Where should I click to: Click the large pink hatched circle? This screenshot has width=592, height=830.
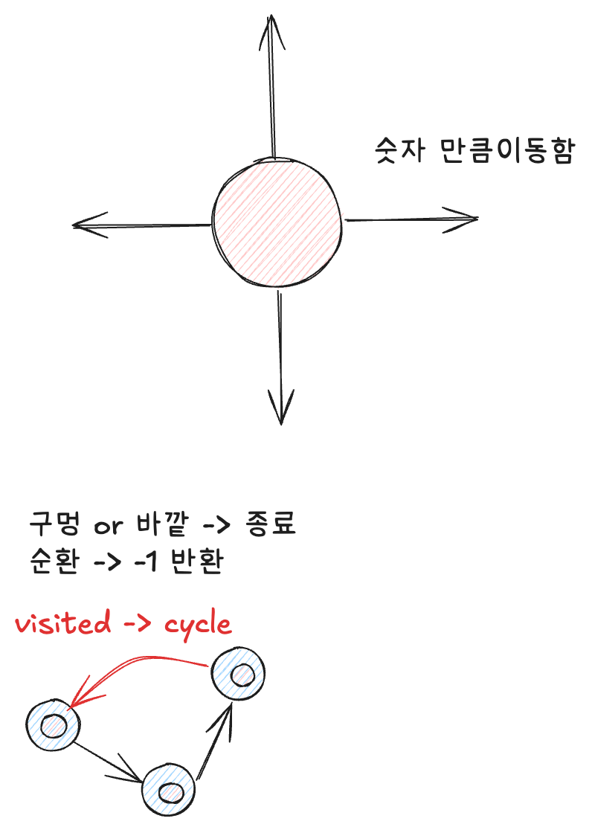[x=278, y=221]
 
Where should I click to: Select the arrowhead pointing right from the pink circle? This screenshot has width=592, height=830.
[x=463, y=219]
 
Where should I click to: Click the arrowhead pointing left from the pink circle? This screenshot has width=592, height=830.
[x=88, y=225]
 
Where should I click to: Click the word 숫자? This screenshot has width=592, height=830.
[x=399, y=151]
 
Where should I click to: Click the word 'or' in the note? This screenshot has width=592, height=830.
[x=109, y=526]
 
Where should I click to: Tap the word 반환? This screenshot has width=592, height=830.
[x=197, y=561]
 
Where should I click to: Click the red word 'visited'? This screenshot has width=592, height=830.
[x=62, y=623]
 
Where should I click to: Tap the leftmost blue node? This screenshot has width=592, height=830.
[x=53, y=724]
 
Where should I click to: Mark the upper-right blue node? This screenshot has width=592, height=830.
[x=238, y=674]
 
